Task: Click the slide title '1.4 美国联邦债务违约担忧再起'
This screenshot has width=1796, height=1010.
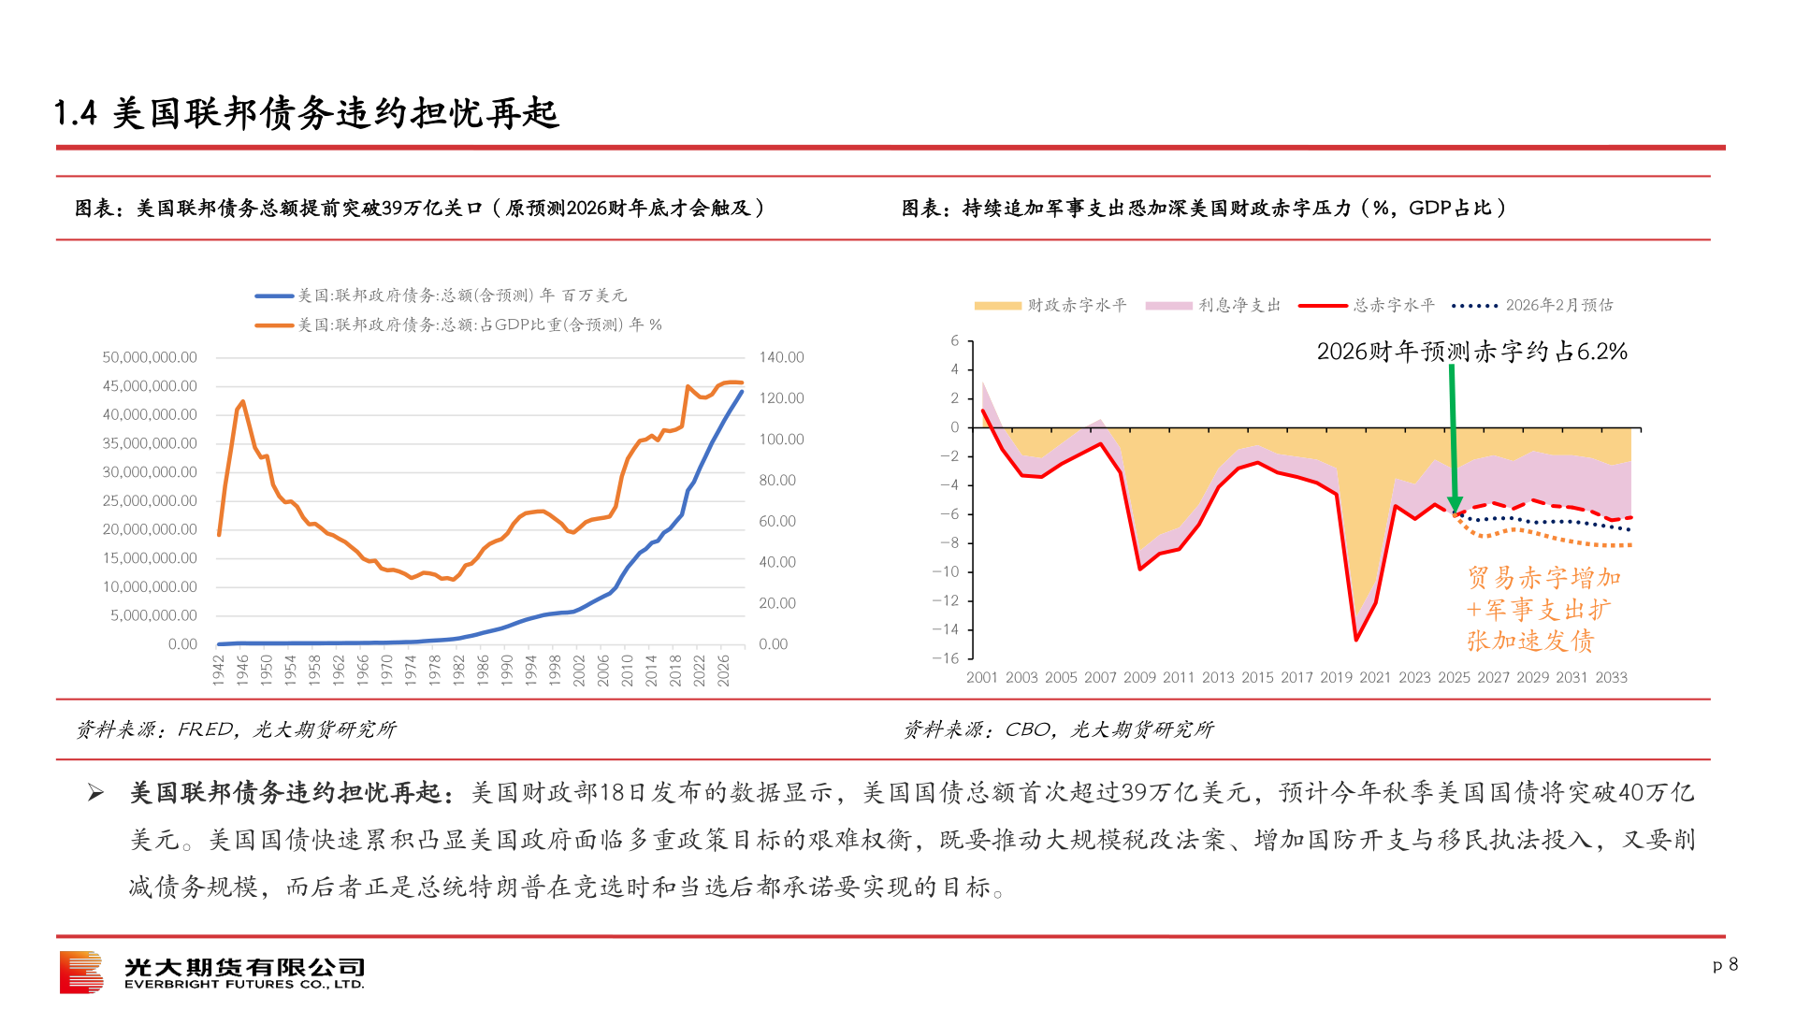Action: tap(307, 114)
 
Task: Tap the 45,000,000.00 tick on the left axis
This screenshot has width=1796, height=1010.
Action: tap(150, 386)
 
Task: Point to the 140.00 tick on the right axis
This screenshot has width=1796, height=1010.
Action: tap(781, 357)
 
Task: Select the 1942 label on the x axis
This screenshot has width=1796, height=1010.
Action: tap(219, 670)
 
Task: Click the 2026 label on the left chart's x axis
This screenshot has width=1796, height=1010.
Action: tap(723, 670)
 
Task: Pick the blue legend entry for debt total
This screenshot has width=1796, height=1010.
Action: tap(440, 296)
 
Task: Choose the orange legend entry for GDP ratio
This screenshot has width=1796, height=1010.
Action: tap(458, 325)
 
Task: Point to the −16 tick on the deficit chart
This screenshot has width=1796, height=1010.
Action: tap(946, 658)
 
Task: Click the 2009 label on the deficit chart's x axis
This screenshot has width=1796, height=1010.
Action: tap(1139, 677)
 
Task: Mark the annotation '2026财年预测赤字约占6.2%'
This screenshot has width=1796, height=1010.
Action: tap(1471, 352)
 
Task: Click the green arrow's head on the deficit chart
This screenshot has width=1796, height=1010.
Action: tap(1455, 506)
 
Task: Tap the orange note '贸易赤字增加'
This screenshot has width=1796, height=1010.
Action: tap(1543, 578)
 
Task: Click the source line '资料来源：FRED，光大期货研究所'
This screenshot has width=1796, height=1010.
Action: tap(236, 729)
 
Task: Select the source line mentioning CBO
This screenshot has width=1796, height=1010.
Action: tap(1058, 729)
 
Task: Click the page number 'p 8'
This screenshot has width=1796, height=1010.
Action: tap(1725, 964)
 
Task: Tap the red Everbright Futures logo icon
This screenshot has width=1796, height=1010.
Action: tap(81, 973)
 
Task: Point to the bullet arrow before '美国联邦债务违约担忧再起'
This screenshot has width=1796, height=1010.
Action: tap(95, 794)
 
